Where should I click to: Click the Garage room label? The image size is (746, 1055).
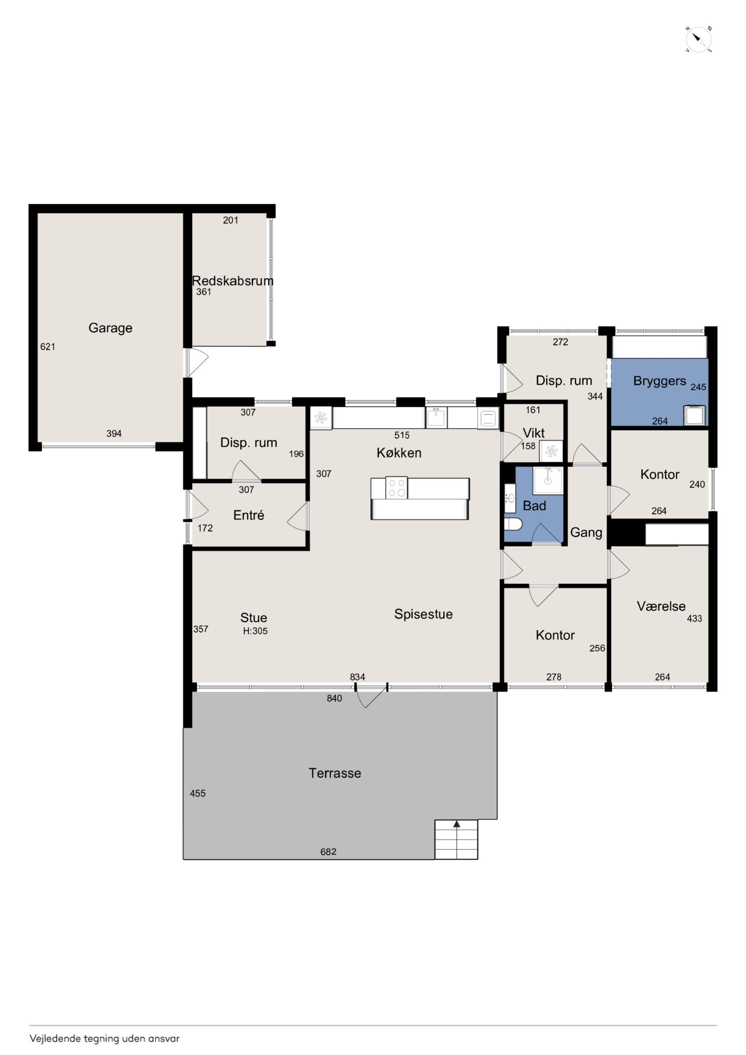tap(110, 328)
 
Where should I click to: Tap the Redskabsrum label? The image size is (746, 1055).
tap(233, 281)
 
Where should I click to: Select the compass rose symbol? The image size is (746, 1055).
tap(699, 39)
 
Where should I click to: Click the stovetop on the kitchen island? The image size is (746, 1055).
tap(396, 487)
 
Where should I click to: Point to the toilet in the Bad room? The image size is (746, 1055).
tap(513, 524)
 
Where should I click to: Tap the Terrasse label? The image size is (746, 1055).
tap(334, 773)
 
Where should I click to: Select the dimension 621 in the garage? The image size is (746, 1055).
tap(48, 347)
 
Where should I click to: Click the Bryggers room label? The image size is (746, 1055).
tap(660, 381)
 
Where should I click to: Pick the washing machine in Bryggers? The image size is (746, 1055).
tap(694, 415)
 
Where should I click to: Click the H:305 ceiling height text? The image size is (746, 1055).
tap(255, 631)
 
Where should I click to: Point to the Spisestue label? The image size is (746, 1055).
tap(423, 614)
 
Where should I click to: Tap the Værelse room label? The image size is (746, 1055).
tap(661, 607)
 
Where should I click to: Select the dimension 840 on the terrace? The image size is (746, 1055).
tap(334, 698)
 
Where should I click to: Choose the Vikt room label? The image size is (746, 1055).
tap(534, 433)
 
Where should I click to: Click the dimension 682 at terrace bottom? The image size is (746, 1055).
tap(328, 852)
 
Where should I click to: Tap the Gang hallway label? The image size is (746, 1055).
tap(586, 532)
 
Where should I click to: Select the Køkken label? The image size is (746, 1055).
tap(399, 453)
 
